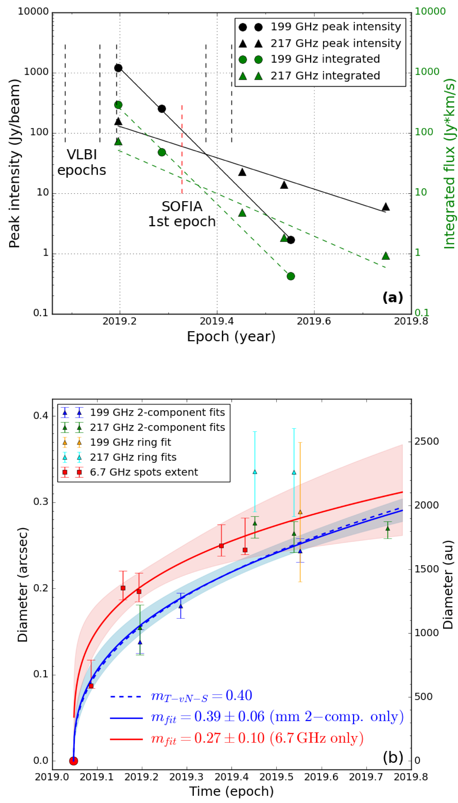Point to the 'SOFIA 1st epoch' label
(182, 214)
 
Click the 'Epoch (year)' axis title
(231, 337)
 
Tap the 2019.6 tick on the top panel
(314, 321)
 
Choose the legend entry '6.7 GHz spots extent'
(144, 472)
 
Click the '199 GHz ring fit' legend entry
(130, 442)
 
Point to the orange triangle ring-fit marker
(300, 512)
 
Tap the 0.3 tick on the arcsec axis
(41, 501)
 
